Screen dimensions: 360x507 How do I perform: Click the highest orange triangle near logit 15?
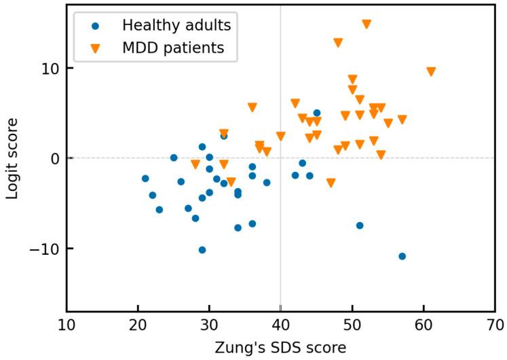pyautogui.click(x=367, y=24)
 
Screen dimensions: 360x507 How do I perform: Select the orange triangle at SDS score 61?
pyautogui.click(x=431, y=71)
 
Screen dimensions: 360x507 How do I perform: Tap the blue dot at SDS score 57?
pyautogui.click(x=402, y=256)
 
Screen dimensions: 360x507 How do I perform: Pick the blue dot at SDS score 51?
pyautogui.click(x=360, y=226)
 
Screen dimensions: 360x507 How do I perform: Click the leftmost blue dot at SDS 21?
pyautogui.click(x=145, y=179)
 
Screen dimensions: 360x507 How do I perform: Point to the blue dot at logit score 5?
pyautogui.click(x=317, y=113)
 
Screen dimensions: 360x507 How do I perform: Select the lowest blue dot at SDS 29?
pyautogui.click(x=202, y=250)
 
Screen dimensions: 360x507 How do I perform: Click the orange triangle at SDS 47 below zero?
pyautogui.click(x=331, y=183)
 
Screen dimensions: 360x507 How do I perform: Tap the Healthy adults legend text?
pyautogui.click(x=176, y=26)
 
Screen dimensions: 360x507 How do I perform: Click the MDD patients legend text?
pyautogui.click(x=173, y=48)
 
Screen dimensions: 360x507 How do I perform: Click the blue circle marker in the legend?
pyautogui.click(x=95, y=26)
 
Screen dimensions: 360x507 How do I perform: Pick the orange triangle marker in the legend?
pyautogui.click(x=95, y=48)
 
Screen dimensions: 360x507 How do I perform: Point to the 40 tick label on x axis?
pyautogui.click(x=281, y=325)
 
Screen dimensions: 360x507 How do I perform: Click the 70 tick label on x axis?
pyautogui.click(x=495, y=325)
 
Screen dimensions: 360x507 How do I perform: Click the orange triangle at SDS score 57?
pyautogui.click(x=402, y=120)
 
